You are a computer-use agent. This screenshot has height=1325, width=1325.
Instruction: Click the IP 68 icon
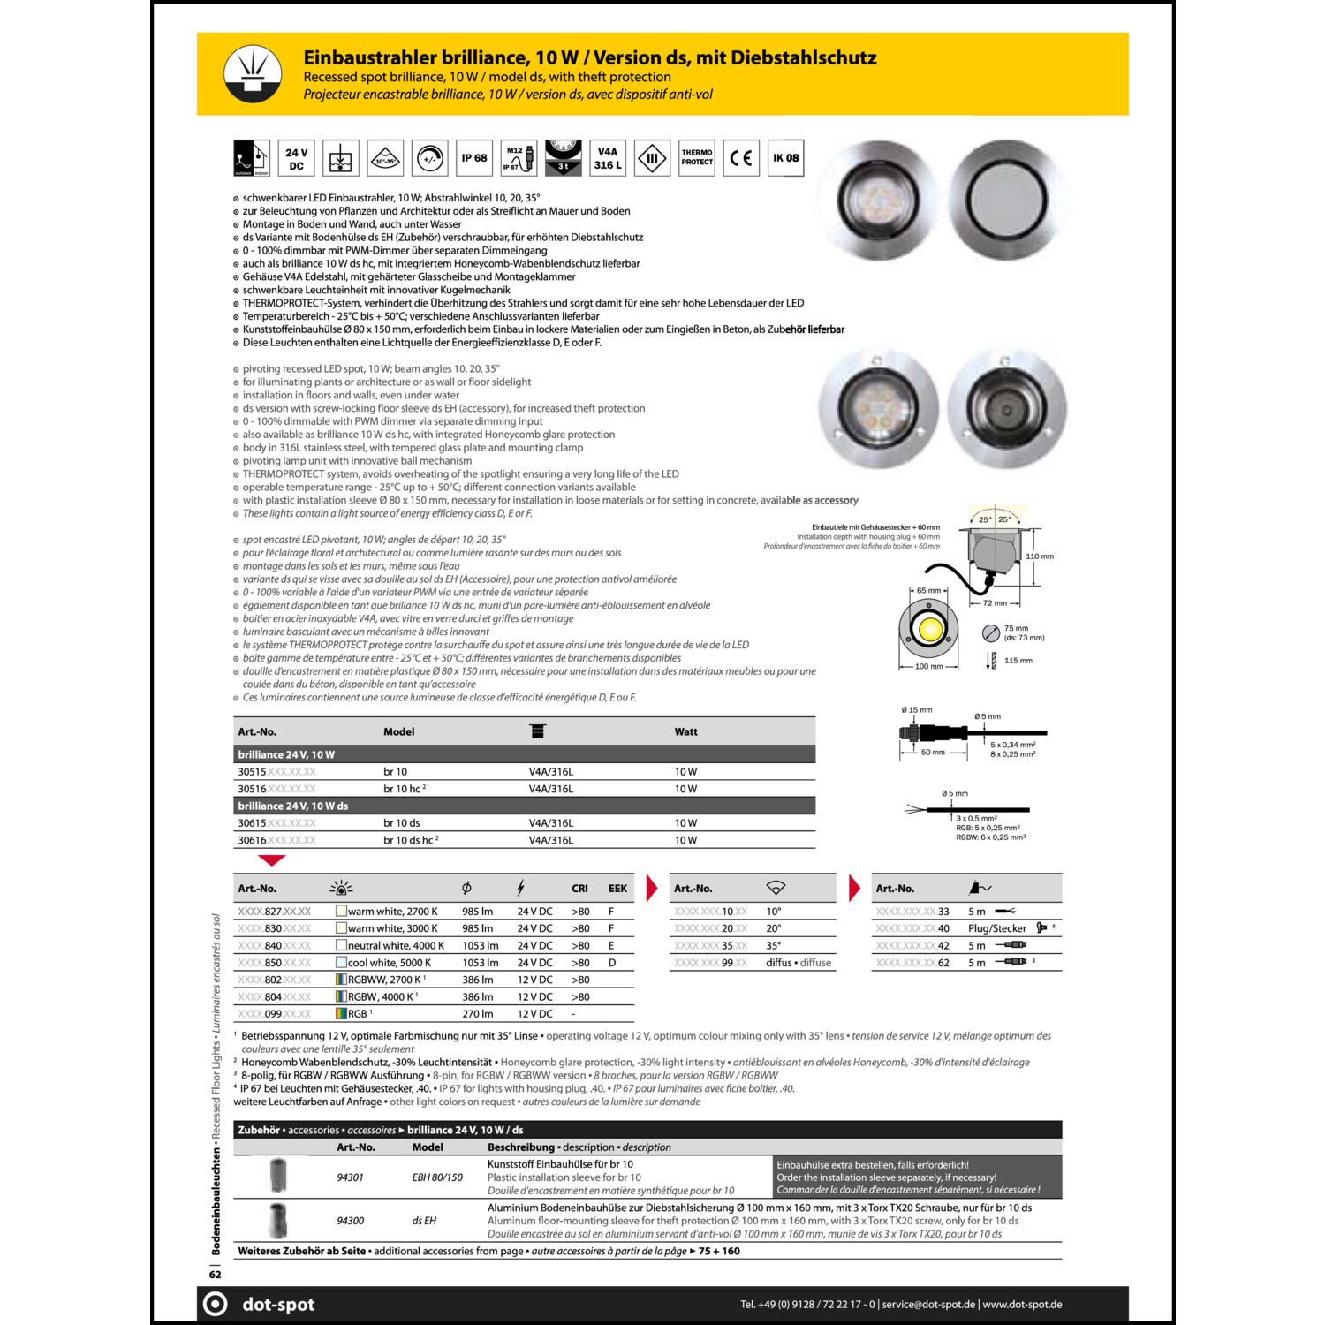point(474,158)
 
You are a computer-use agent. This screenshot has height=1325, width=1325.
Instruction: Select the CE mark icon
point(741,158)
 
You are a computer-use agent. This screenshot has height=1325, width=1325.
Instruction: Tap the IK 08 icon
point(785,158)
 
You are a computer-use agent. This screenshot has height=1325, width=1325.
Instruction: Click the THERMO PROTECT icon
point(696,158)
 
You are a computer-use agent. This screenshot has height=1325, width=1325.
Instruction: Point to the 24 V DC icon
point(296,159)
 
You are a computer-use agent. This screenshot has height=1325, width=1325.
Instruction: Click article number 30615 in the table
point(253,823)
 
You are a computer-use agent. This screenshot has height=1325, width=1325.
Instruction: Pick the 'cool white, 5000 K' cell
point(390,963)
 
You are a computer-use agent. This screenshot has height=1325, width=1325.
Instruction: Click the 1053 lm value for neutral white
point(480,946)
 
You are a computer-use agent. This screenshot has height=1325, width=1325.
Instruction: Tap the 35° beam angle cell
point(774,946)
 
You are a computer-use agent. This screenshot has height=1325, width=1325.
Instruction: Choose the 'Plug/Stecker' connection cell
point(997,928)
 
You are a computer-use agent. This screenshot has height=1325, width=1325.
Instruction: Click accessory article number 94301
point(350,1177)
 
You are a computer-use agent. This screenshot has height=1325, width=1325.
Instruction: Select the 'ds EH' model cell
point(424,1221)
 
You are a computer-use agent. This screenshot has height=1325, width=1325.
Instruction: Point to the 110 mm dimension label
point(1040,556)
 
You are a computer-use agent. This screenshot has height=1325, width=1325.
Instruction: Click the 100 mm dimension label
point(928,667)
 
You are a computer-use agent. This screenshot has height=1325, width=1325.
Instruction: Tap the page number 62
point(216,1275)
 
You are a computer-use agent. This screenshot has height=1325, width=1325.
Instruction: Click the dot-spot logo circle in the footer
point(216,1305)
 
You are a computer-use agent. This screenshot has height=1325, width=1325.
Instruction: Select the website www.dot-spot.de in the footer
point(1022,1305)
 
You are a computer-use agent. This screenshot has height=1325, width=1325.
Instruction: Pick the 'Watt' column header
point(685,732)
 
